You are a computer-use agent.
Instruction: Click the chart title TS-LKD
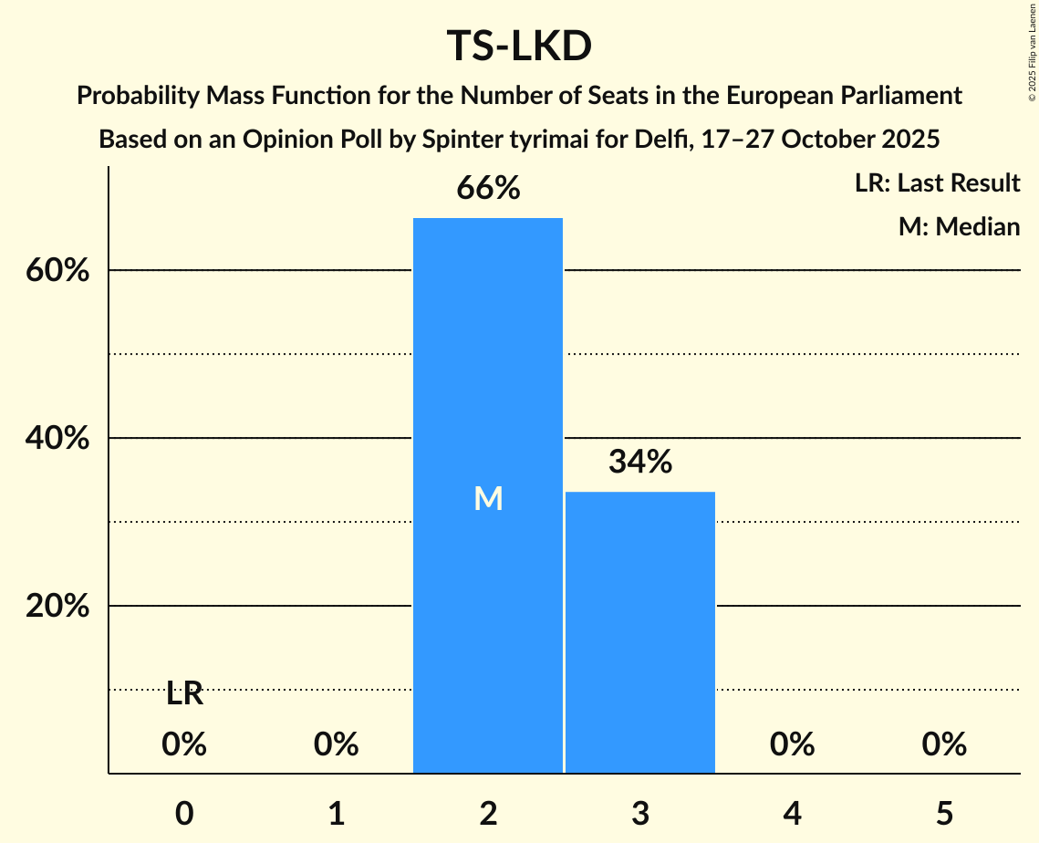point(519,46)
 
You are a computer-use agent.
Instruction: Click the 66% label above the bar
point(488,189)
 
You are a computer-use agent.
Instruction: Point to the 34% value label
point(639,463)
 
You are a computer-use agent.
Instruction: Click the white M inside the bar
point(488,498)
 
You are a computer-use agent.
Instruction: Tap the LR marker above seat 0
point(184,694)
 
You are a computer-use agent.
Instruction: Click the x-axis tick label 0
point(184,813)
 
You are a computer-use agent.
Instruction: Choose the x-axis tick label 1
point(337,813)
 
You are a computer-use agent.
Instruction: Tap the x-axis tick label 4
point(792,813)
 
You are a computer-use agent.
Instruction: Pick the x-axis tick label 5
point(943,813)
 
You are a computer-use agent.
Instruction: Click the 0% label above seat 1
point(337,745)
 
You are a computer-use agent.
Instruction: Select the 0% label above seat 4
point(792,745)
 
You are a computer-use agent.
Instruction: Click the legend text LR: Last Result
point(937,183)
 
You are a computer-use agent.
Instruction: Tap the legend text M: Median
point(959,226)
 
